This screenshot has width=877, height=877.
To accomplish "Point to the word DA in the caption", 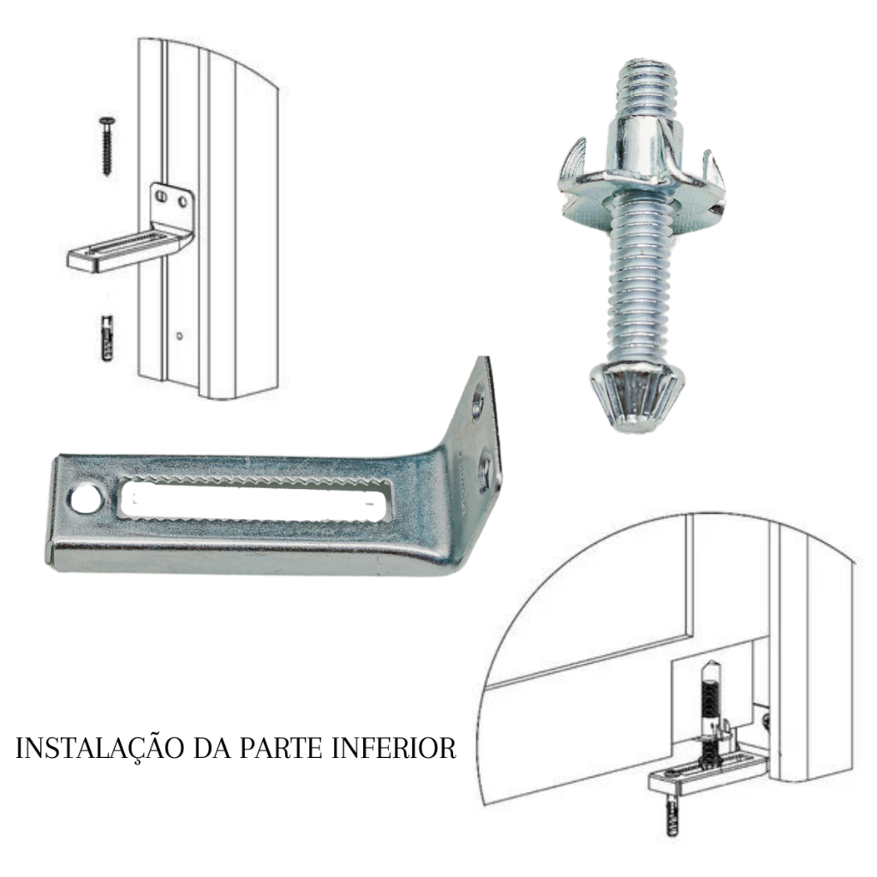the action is tap(212, 749).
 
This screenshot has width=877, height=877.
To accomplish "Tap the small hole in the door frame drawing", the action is tap(179, 336).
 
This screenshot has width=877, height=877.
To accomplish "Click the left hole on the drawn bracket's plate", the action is tap(162, 197).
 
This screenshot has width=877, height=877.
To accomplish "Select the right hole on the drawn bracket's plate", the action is tap(182, 200).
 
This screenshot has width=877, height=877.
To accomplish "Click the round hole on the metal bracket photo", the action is tap(87, 499).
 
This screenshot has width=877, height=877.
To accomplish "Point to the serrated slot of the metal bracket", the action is tap(256, 500).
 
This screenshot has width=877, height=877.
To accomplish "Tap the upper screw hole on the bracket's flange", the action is tap(478, 401).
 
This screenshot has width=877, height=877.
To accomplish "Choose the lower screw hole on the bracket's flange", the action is tap(485, 468).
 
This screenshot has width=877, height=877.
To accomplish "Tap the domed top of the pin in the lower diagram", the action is tap(709, 669).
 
